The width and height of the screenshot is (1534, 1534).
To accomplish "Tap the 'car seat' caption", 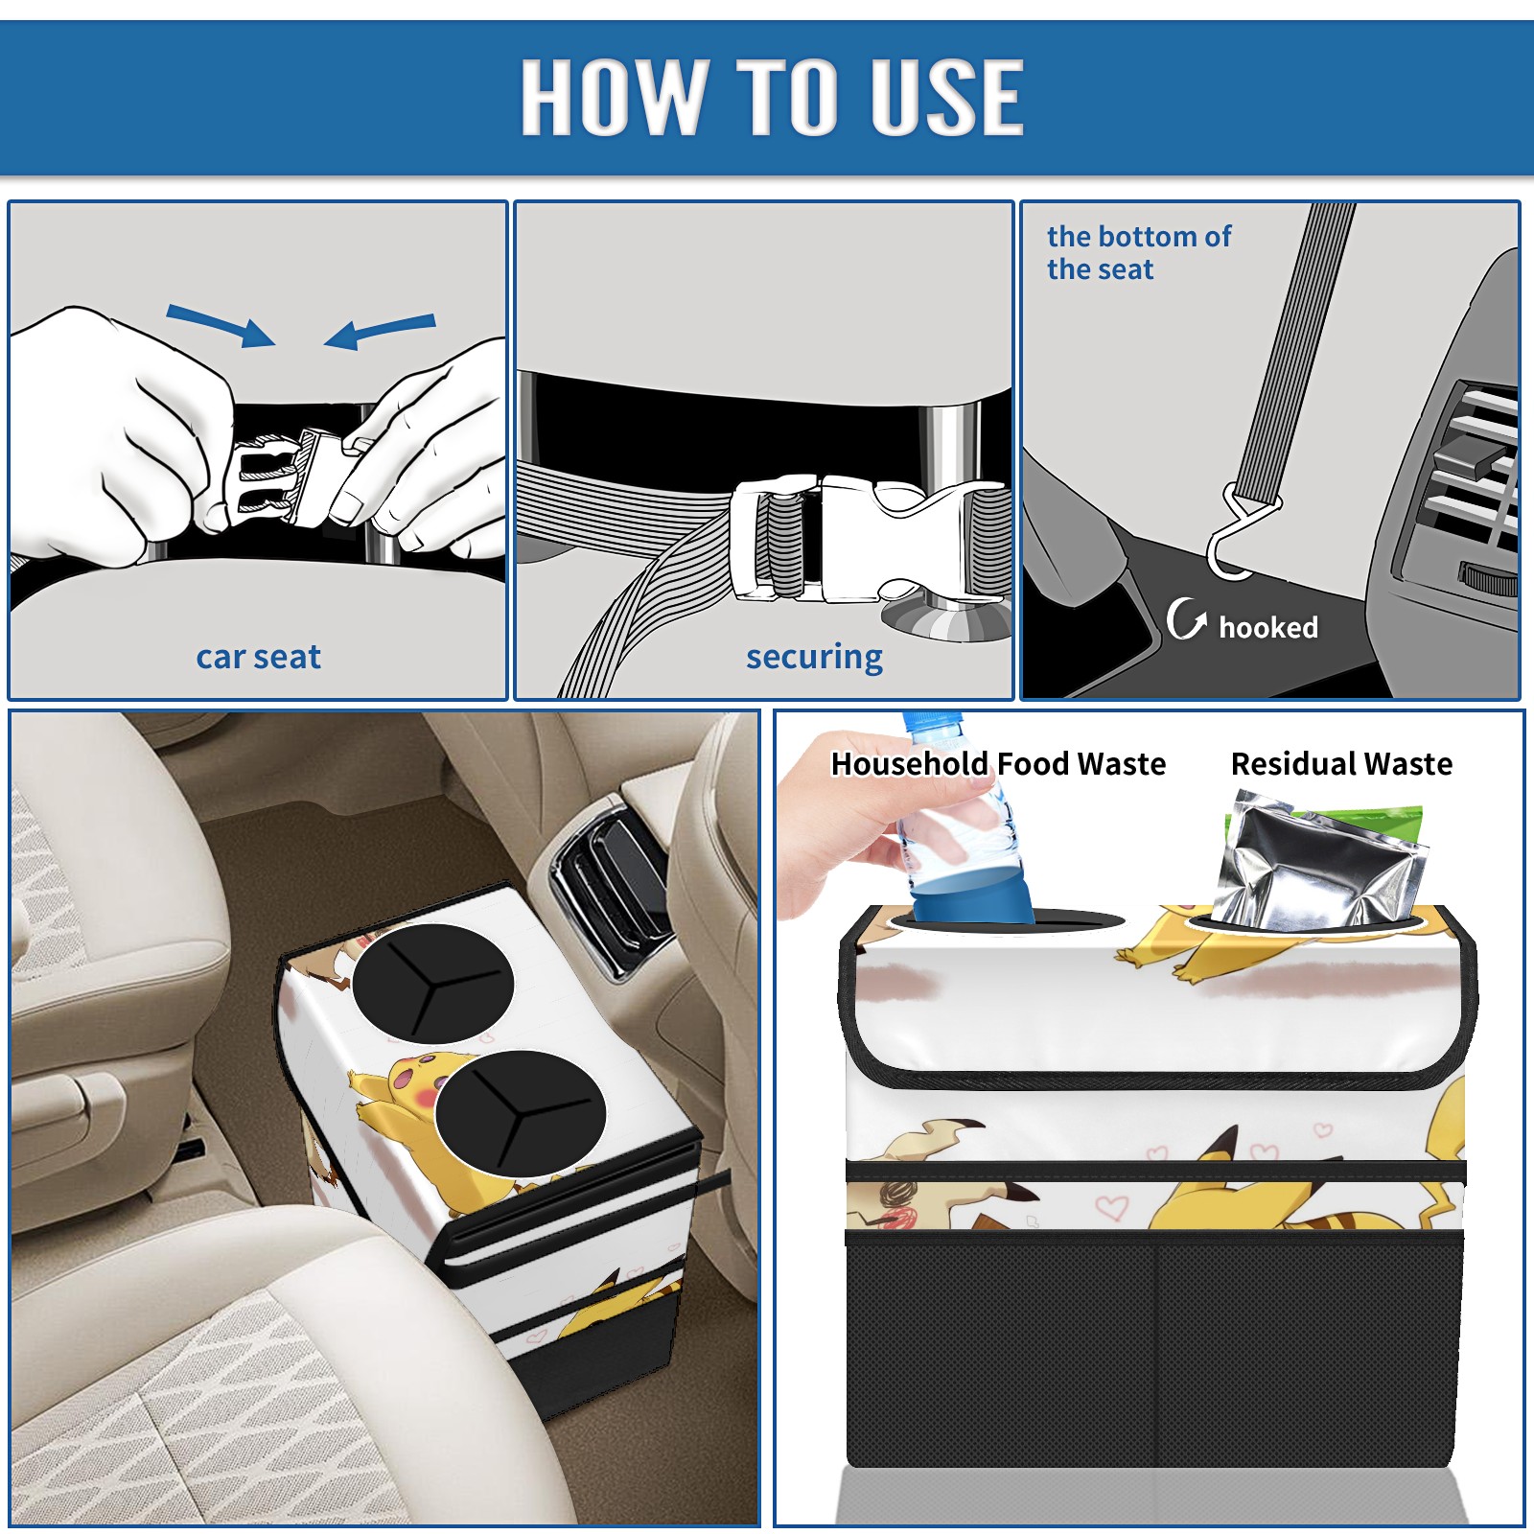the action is pyautogui.click(x=258, y=657).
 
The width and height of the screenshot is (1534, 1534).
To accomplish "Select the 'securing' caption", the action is pyautogui.click(x=814, y=658).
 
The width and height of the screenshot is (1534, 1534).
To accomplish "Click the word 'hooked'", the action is pyautogui.click(x=1268, y=627).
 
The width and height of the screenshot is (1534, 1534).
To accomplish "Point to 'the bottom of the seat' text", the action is pyautogui.click(x=1138, y=253).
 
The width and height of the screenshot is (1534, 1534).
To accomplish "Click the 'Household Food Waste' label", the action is pyautogui.click(x=998, y=763).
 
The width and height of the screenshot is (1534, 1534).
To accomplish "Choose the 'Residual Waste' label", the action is pyautogui.click(x=1341, y=763).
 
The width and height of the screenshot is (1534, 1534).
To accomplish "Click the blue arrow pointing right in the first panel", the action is pyautogui.click(x=221, y=325).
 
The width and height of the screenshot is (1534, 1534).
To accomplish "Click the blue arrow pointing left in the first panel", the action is pyautogui.click(x=380, y=331).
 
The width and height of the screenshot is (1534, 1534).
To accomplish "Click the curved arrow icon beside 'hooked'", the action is pyautogui.click(x=1186, y=618).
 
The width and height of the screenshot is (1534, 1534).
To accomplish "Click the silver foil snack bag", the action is pyautogui.click(x=1318, y=861).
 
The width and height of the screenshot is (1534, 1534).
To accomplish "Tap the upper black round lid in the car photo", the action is pyautogui.click(x=432, y=984).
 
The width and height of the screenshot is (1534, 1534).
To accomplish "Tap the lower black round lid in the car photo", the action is pyautogui.click(x=520, y=1113).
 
